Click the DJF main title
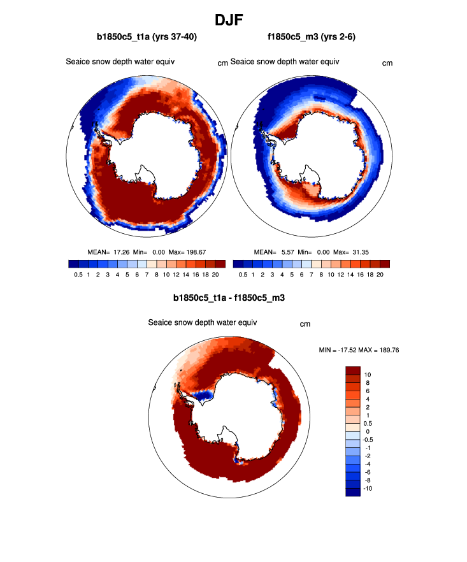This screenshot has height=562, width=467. [x=233, y=20]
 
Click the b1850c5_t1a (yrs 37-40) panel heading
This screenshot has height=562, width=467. [x=147, y=37]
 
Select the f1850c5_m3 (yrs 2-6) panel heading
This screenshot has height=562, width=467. [x=312, y=37]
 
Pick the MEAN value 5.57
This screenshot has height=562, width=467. [x=289, y=252]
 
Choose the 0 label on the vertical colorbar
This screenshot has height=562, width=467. [x=366, y=431]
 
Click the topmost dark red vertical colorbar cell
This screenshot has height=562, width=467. [x=353, y=370]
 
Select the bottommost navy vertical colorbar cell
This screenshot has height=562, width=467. [x=353, y=492]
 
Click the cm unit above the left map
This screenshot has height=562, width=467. [x=222, y=63]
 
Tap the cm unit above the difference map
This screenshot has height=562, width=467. [x=305, y=324]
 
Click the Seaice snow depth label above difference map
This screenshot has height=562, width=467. [x=202, y=322]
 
